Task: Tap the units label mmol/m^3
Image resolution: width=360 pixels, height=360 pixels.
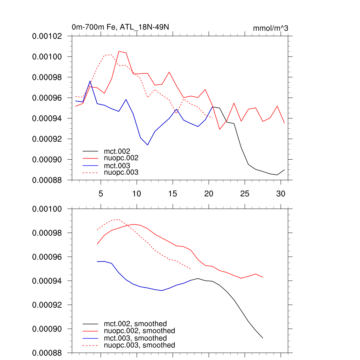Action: [270, 28]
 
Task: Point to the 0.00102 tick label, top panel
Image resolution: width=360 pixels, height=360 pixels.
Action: [47, 36]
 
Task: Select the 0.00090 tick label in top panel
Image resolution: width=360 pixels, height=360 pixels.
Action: [47, 160]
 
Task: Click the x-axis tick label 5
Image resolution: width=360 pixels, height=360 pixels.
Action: [101, 194]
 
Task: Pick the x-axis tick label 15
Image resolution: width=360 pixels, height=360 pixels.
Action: [173, 194]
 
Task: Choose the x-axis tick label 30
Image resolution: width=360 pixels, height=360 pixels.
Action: [281, 194]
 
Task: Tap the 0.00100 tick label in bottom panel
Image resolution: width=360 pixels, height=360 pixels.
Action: [47, 209]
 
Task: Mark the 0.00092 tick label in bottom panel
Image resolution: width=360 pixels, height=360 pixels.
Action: [47, 305]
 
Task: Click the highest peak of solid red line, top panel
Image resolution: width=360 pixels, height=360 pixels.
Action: [119, 51]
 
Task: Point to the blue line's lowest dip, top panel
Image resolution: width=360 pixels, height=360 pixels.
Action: [148, 145]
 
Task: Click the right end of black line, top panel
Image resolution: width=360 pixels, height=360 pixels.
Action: [284, 169]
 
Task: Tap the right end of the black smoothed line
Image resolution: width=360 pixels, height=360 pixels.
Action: [263, 338]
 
